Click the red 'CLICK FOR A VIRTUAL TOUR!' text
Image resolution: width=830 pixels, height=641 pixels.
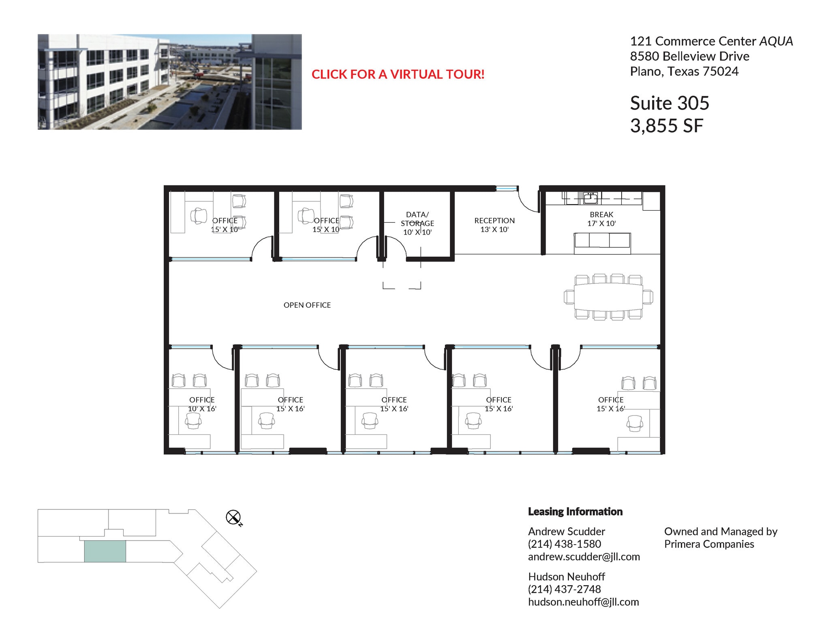(398, 74)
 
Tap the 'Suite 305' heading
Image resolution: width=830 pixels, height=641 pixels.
(669, 103)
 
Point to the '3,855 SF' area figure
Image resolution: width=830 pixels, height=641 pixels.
(666, 126)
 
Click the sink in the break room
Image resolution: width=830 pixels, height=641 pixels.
(590, 198)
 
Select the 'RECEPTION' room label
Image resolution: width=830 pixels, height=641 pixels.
(494, 221)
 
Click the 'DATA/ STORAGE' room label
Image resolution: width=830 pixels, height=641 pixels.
(417, 219)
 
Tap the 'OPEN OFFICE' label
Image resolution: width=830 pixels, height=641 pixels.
(307, 305)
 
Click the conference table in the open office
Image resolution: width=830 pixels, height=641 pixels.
(608, 297)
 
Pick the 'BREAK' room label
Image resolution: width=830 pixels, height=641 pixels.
(601, 215)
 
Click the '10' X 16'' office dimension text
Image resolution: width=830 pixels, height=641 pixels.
(202, 409)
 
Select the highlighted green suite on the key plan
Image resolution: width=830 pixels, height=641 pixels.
(105, 551)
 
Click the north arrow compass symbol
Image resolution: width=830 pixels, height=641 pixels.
(233, 517)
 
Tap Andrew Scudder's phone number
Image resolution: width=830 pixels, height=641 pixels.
(564, 544)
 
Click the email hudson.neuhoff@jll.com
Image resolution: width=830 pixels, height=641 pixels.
(583, 602)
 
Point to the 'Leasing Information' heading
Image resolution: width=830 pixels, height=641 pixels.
(575, 511)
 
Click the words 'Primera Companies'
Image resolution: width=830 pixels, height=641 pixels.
(709, 544)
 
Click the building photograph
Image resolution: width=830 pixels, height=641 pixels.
(169, 82)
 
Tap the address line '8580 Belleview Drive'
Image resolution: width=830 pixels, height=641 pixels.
(689, 56)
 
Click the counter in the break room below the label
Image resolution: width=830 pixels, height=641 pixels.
(602, 242)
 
